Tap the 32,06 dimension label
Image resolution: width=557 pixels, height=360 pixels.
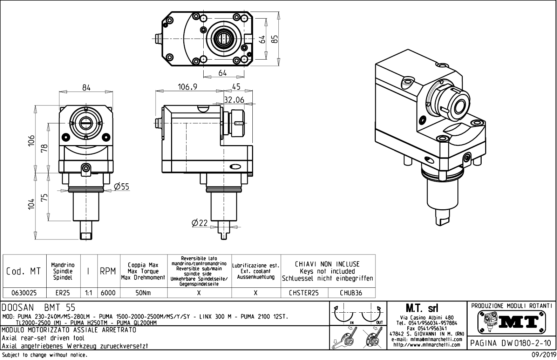(x=234, y=100)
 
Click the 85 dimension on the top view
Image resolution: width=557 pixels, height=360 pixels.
(x=275, y=38)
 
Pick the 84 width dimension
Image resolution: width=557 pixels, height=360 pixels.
(x=86, y=88)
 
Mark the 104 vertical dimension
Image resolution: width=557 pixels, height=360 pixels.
(x=32, y=204)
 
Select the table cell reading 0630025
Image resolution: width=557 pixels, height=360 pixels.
(x=24, y=293)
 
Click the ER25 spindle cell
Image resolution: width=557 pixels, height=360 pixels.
(x=63, y=293)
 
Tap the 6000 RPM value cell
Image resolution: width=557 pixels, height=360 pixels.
(x=108, y=293)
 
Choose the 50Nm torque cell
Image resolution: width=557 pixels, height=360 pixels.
(x=143, y=293)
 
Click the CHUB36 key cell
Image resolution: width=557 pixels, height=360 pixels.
(x=351, y=293)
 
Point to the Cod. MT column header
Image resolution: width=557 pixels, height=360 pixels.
(x=23, y=271)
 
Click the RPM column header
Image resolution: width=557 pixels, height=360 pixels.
(x=108, y=271)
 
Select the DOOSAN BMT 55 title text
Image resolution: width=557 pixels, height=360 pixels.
(x=39, y=308)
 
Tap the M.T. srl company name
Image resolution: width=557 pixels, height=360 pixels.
(x=427, y=308)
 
